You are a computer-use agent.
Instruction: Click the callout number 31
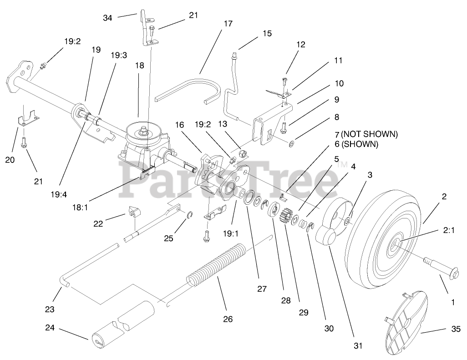(358, 345)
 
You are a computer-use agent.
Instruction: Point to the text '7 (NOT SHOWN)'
(369, 134)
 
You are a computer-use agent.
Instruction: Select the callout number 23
(50, 309)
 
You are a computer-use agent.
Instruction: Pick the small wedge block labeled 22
(133, 212)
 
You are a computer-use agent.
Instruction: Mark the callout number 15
(267, 33)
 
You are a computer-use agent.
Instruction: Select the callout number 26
(228, 319)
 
